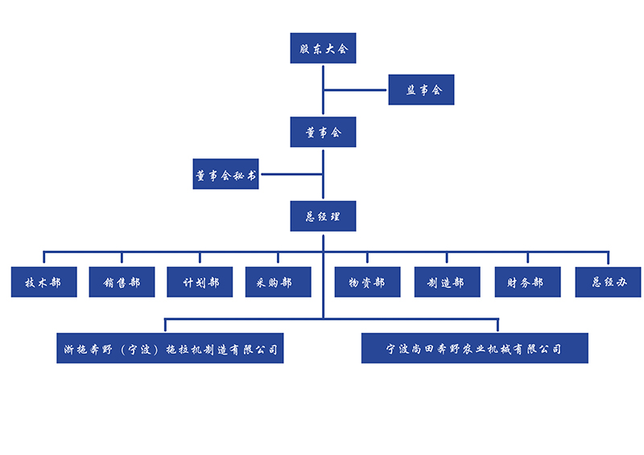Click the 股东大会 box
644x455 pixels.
click(x=323, y=48)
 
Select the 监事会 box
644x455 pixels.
click(x=421, y=90)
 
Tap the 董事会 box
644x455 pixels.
click(x=323, y=132)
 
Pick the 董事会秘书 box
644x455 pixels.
click(x=226, y=174)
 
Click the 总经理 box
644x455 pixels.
click(x=323, y=216)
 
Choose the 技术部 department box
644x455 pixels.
click(x=44, y=282)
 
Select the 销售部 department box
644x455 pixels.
click(x=122, y=282)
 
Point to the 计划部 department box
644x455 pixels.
click(x=200, y=282)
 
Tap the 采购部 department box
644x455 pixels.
click(x=278, y=282)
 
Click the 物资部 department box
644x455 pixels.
click(x=367, y=282)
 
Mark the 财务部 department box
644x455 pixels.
click(x=527, y=282)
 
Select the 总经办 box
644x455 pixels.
click(x=608, y=282)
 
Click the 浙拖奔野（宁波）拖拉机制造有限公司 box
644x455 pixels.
click(x=170, y=349)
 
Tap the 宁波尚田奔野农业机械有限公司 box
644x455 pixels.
click(x=474, y=349)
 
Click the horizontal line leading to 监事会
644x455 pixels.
click(x=356, y=90)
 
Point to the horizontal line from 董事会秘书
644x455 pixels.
click(x=291, y=174)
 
